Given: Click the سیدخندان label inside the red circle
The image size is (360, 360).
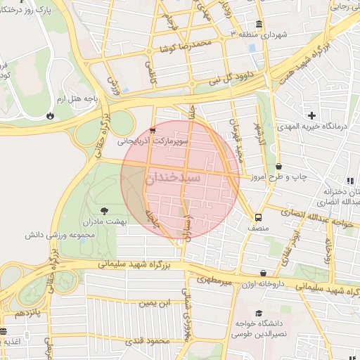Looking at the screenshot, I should click(173, 179).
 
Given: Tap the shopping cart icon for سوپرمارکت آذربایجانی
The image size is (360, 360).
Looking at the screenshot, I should click(153, 130).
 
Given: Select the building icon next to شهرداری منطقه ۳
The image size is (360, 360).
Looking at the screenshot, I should click(259, 25).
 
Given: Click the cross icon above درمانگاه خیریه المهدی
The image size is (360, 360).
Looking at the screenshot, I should click(312, 115).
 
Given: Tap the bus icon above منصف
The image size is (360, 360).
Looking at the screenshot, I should click(258, 217).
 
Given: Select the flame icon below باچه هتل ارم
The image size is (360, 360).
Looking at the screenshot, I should click(50, 115).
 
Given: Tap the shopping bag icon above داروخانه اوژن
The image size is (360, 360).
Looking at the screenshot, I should click(263, 273).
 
